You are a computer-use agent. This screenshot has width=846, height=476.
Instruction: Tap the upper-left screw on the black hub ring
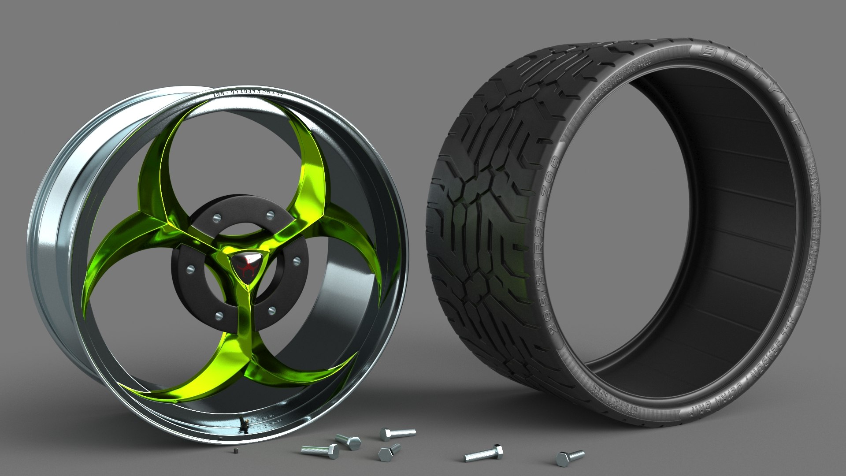tap(216, 217)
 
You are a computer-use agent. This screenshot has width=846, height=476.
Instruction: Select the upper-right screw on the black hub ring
tap(271, 215)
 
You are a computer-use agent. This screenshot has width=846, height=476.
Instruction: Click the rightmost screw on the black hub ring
tap(297, 260)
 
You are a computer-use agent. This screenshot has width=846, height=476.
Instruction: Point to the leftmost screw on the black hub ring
tap(190, 268)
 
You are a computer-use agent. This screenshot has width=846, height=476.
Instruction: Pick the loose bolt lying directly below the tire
tap(484, 454)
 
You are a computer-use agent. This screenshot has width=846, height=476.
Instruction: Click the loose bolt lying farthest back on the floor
tap(397, 433)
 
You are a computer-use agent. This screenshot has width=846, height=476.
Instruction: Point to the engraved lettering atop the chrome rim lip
tap(249, 93)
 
